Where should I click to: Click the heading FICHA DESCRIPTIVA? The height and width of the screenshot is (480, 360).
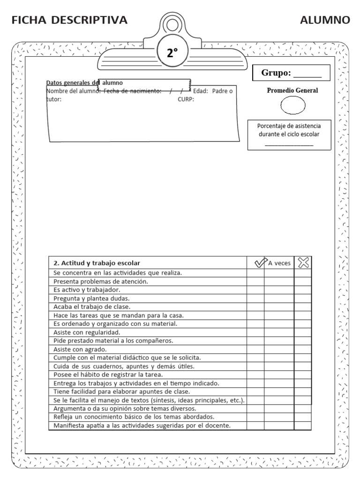pyautogui.click(x=69, y=20)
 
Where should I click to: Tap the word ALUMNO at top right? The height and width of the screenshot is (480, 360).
pyautogui.click(x=325, y=20)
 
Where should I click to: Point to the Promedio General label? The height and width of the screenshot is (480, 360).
pyautogui.click(x=292, y=90)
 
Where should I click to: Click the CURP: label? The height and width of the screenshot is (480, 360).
pyautogui.click(x=186, y=99)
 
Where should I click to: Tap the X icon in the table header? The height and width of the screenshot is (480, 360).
pyautogui.click(x=303, y=263)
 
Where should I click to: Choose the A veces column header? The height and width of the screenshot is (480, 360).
pyautogui.click(x=279, y=263)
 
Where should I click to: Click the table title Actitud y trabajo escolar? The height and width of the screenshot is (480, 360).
pyautogui.click(x=97, y=263)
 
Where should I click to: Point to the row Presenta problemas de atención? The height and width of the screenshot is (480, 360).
pyautogui.click(x=101, y=281)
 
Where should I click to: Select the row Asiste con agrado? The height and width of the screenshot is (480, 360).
pyautogui.click(x=80, y=349)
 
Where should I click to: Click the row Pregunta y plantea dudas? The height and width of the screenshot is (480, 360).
pyautogui.click(x=91, y=298)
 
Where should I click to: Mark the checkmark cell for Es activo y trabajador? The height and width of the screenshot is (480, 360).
pyautogui.click(x=256, y=290)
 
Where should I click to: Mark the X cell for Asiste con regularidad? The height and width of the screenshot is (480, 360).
pyautogui.click(x=303, y=332)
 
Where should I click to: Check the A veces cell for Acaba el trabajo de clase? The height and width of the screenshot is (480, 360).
pyautogui.click(x=279, y=307)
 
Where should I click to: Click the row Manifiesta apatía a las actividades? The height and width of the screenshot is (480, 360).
pyautogui.click(x=142, y=426)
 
